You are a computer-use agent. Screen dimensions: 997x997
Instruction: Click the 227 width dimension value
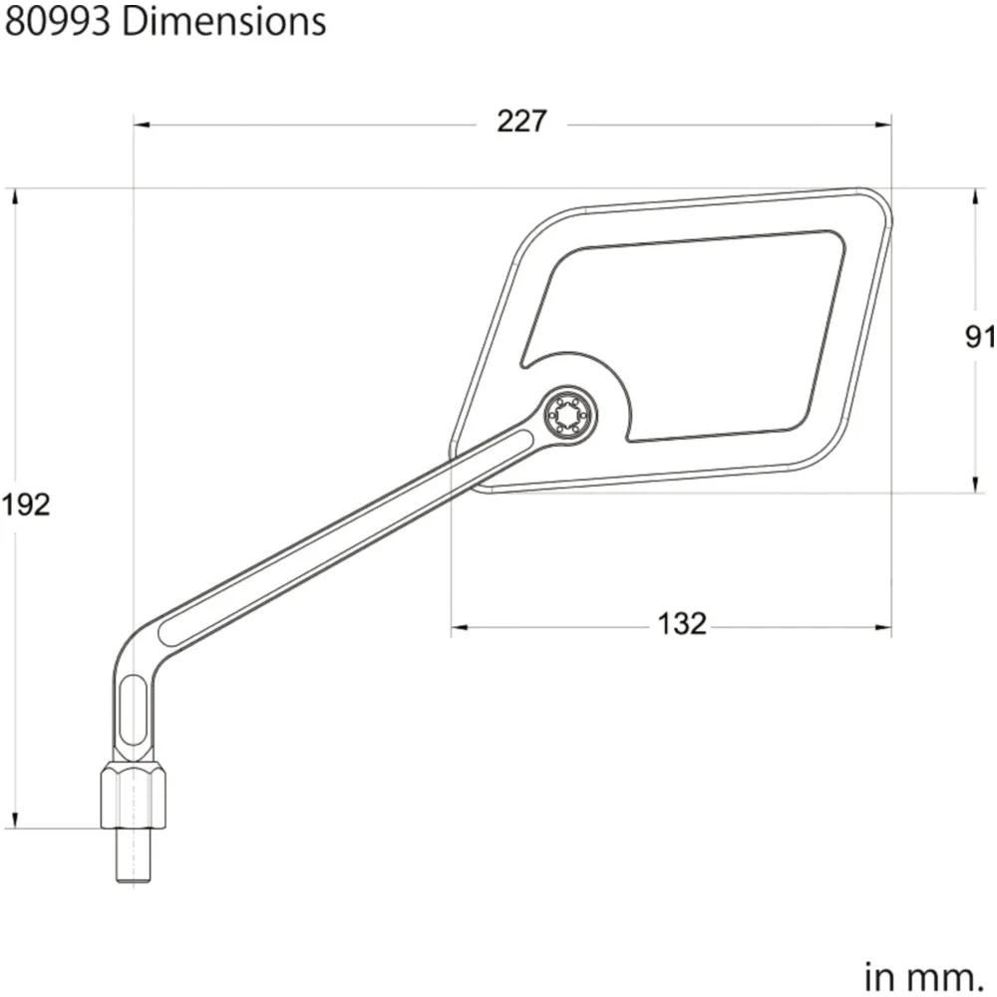tap(521, 122)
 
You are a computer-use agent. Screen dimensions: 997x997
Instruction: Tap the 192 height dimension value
tap(26, 504)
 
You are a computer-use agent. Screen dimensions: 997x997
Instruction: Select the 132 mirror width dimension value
tap(682, 624)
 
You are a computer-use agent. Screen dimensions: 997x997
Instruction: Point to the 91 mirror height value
tap(980, 337)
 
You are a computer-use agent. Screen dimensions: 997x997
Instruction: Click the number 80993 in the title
tap(58, 22)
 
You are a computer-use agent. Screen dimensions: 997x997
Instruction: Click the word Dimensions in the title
tap(223, 22)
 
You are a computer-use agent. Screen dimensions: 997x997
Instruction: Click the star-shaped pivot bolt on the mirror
tap(569, 415)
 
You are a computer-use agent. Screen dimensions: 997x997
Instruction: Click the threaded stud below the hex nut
tap(134, 855)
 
